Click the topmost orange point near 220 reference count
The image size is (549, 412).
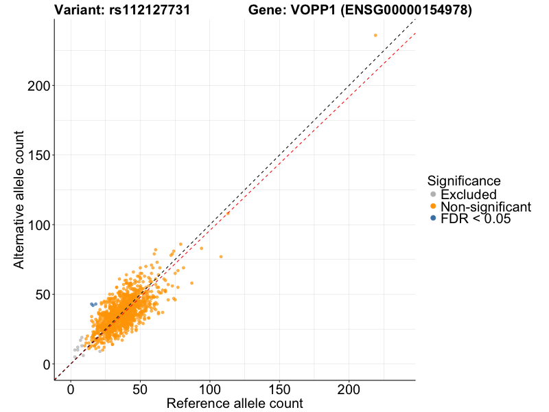[375, 35]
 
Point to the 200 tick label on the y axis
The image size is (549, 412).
[38, 86]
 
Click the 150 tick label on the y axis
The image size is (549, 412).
[38, 155]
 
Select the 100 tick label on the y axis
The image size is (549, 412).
[38, 225]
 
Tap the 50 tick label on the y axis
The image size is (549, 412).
[43, 295]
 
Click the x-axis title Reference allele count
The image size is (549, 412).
[235, 403]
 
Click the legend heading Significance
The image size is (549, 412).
[463, 181]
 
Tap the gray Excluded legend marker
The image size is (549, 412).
[432, 195]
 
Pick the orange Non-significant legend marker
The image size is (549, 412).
[432, 207]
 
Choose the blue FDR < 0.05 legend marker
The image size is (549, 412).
[432, 219]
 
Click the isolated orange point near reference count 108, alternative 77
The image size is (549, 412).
[221, 257]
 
